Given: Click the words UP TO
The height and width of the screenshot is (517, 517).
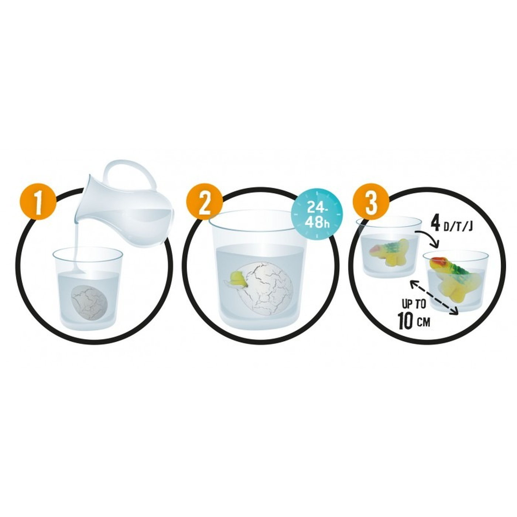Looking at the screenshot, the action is tap(414, 305).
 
